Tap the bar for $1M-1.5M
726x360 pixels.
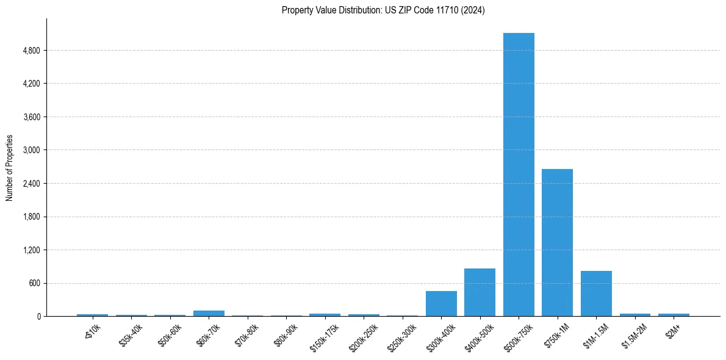(596, 293)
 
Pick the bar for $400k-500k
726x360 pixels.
(480, 292)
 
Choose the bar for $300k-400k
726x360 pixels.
(441, 303)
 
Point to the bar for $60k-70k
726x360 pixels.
(209, 313)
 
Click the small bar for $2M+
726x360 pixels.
(674, 315)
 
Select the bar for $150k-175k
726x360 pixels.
(325, 315)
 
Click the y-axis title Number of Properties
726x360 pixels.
(9, 168)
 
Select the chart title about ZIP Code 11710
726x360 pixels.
(383, 10)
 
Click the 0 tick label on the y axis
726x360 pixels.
(39, 317)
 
